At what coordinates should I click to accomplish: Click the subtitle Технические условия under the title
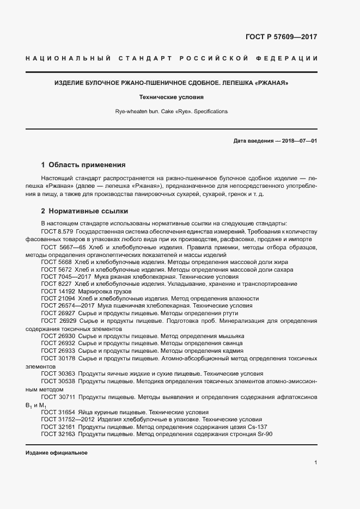[x=180, y=97]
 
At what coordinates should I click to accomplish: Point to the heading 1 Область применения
[x=83, y=164]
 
